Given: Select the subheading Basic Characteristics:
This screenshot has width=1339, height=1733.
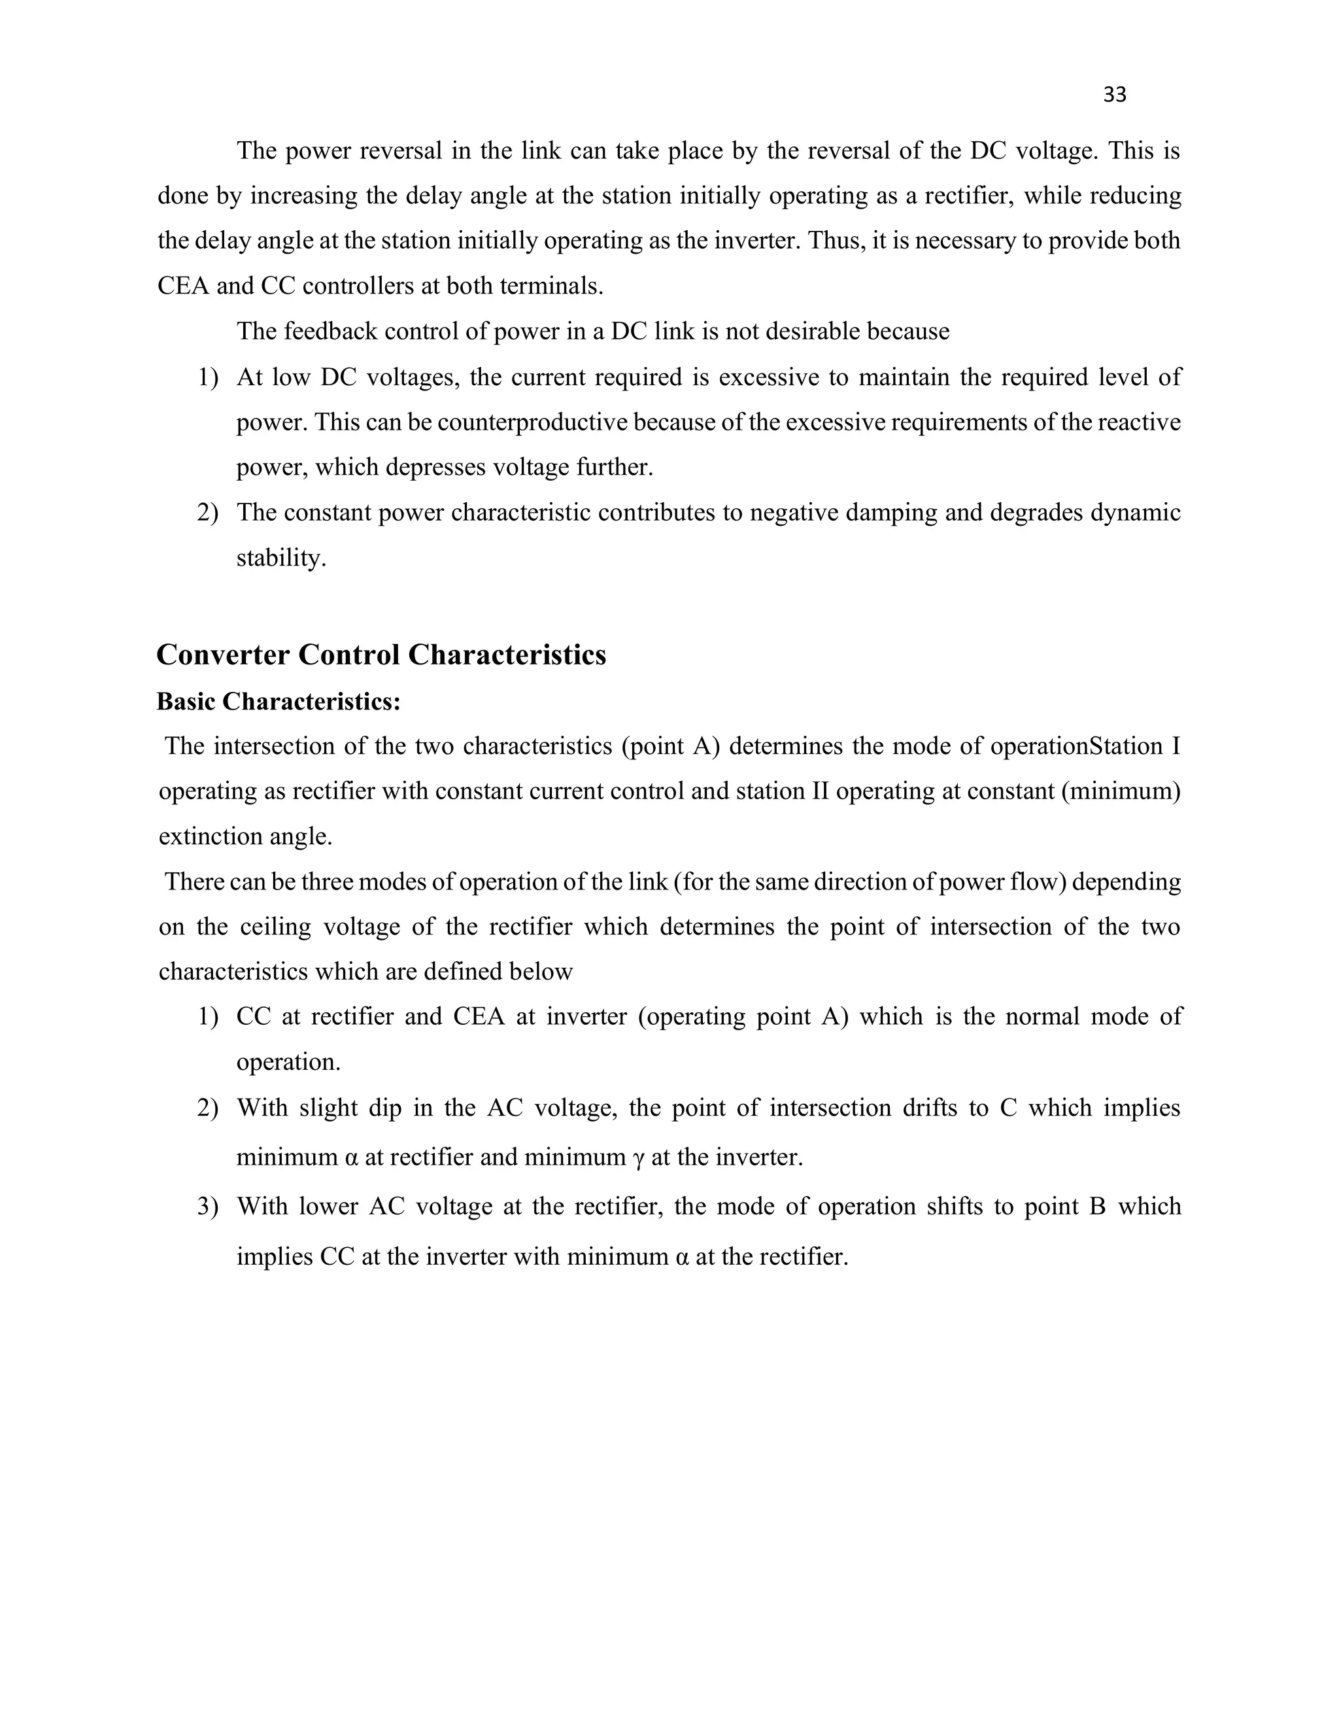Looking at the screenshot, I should (x=279, y=702).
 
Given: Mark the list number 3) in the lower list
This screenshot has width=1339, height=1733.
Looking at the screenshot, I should (x=207, y=1207).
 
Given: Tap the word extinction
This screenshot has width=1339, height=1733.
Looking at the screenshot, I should (x=211, y=837).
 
